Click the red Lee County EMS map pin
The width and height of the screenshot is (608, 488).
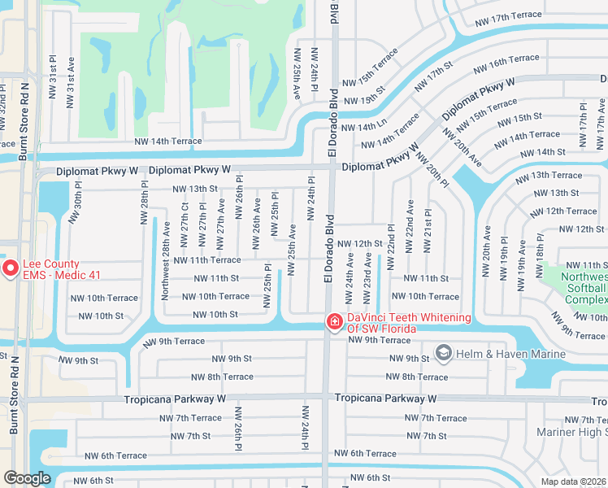pyautogui.click(x=11, y=268)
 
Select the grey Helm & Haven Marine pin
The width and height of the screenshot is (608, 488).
pyautogui.click(x=443, y=352)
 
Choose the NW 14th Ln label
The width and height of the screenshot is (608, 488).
pyautogui.click(x=364, y=128)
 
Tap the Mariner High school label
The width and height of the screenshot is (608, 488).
pyautogui.click(x=571, y=433)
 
